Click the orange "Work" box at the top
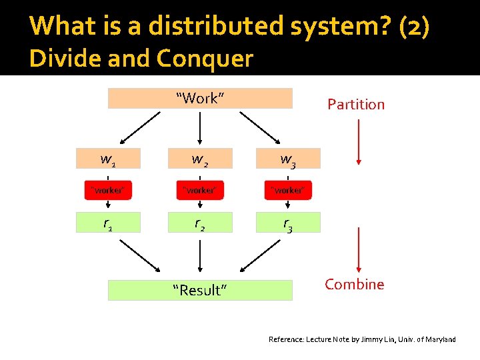click(x=200, y=98)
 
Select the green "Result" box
click(x=200, y=290)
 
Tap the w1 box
click(x=108, y=159)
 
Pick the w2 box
click(x=200, y=159)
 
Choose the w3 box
click(x=288, y=159)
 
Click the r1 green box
click(x=108, y=223)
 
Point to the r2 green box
click(x=200, y=223)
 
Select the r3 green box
click(x=288, y=223)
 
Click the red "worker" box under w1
click(x=108, y=190)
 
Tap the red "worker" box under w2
click(x=200, y=190)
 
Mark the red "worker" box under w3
click(x=288, y=190)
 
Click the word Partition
click(x=356, y=104)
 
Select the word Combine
click(x=354, y=284)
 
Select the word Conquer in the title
click(x=205, y=59)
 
